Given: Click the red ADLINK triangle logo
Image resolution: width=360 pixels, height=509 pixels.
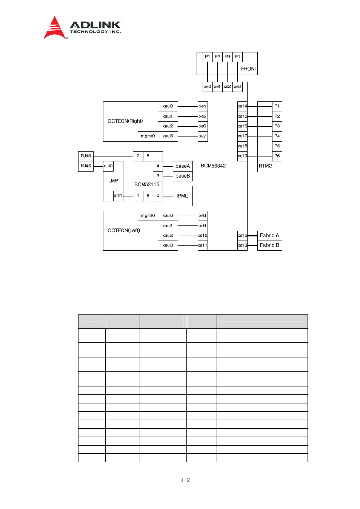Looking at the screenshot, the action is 55,28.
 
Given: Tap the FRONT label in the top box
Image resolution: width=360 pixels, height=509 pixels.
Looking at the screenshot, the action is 249,69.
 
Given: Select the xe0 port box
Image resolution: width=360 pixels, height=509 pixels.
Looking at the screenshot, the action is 208,87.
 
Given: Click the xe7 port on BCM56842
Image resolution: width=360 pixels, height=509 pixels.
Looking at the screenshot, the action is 203,136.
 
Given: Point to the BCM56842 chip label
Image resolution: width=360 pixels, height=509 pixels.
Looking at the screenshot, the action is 213,166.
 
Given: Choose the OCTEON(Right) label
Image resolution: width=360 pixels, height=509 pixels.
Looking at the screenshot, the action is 125,121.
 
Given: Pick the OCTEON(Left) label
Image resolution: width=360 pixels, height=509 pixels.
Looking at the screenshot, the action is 124,230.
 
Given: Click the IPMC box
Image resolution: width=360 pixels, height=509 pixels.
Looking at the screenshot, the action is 183,196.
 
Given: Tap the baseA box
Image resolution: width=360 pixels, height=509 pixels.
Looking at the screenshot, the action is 183,166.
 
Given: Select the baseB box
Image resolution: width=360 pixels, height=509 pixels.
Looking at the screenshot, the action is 183,176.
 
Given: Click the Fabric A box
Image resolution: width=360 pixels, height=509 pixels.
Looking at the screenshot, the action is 269,235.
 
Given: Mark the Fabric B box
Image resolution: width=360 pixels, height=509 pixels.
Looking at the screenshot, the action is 269,245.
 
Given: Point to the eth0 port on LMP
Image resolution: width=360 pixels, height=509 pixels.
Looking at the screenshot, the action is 108,166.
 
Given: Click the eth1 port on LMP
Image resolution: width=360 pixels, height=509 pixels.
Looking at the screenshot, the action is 118,196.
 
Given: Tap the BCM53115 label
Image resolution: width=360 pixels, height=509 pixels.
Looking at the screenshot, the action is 147,184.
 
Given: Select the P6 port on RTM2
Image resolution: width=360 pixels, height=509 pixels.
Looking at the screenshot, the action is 277,156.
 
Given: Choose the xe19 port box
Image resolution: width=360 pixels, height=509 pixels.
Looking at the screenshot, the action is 242,156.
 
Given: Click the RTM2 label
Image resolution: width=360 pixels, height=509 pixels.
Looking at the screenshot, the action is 265,166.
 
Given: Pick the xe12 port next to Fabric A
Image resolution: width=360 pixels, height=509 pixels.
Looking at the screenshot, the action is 242,235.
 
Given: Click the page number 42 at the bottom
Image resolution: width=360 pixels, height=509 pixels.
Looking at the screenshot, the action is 185,480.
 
